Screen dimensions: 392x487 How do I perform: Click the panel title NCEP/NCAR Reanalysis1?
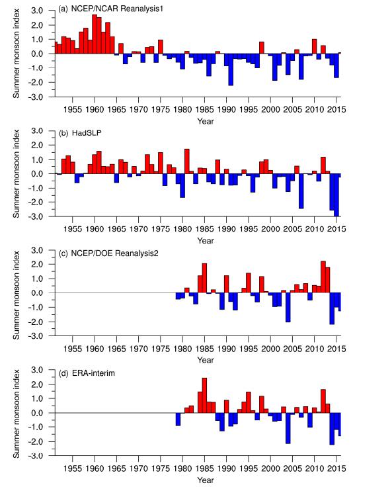tap(117, 9)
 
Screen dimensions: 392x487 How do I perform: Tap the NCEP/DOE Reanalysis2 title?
tap(114, 253)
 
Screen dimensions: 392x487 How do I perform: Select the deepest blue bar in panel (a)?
tap(231, 69)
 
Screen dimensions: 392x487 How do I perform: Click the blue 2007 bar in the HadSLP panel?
tap(301, 191)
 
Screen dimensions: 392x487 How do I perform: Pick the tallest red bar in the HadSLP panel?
tap(187, 161)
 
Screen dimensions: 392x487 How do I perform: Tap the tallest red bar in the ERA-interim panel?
tap(204, 396)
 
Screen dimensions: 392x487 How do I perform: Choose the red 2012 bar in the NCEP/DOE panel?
tap(323, 277)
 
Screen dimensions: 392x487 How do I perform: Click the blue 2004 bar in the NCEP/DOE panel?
tap(288, 308)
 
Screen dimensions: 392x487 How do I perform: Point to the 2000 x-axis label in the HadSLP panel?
tap(270, 229)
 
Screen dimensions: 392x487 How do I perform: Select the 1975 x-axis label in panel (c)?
tap(161, 349)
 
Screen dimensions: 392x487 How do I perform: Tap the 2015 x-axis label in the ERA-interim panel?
tap(336, 468)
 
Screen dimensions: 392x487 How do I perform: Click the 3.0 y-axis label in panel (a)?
tap(37, 11)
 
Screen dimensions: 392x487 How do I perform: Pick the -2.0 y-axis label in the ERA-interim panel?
tap(35, 441)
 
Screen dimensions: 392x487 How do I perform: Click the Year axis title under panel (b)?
tap(206, 241)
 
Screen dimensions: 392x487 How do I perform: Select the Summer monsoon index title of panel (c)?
tap(16, 295)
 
